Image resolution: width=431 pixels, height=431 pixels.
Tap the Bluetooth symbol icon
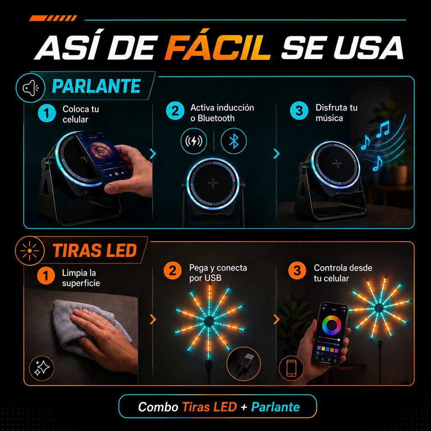234,141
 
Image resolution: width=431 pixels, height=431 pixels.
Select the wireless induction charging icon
194,141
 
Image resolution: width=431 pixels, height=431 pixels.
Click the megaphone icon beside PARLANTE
30,88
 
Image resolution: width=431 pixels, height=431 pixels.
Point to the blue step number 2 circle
175,111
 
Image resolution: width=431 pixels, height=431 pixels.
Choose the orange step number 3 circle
297,271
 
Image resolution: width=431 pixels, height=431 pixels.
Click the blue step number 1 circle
47,113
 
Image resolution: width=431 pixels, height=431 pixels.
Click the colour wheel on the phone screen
332,325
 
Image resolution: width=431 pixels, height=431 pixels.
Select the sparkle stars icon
42,368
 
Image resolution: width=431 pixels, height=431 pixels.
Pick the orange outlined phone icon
291,368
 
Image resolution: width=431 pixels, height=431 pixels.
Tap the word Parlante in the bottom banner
275,407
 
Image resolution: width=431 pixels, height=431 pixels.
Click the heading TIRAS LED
95,250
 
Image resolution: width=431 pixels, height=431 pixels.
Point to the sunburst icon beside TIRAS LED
30,251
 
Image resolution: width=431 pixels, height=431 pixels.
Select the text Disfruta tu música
336,113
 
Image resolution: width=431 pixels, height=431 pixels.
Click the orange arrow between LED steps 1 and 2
153,319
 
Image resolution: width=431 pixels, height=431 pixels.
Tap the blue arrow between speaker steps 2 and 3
277,154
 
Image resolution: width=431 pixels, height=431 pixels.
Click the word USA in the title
368,47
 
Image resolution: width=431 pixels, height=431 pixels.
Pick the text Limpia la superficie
81,278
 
